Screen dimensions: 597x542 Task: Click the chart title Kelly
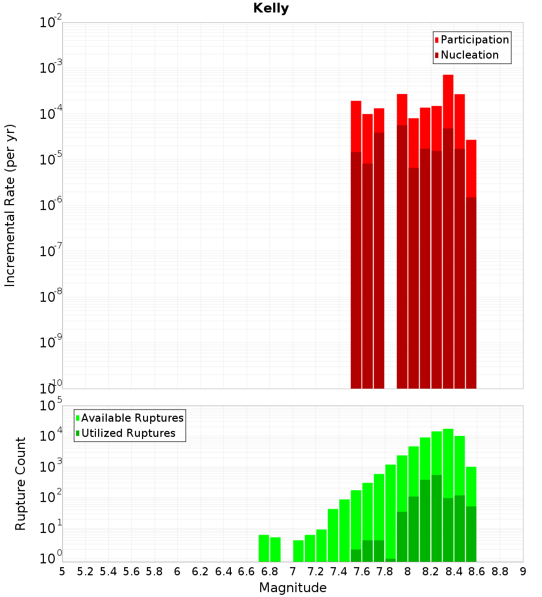tap(271, 9)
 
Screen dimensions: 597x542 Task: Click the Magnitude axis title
tap(293, 588)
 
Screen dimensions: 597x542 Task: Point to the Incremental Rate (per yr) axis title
tap(10, 206)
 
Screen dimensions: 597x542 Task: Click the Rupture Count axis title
tap(21, 484)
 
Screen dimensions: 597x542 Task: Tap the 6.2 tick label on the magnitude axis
tap(201, 571)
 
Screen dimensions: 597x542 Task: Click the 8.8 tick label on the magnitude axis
tap(500, 571)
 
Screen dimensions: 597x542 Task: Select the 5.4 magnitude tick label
tap(108, 571)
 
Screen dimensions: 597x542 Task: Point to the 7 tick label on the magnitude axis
tap(293, 571)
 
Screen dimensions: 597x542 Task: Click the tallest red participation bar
tap(448, 163)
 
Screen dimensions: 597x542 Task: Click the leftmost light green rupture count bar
tap(264, 548)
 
